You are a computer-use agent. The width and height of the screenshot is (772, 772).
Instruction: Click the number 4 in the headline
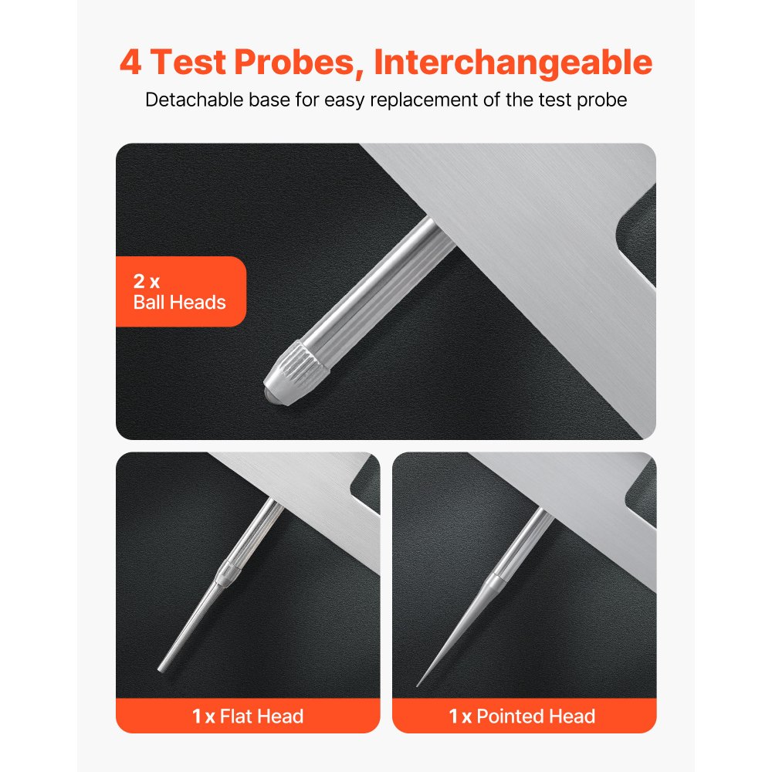(x=131, y=63)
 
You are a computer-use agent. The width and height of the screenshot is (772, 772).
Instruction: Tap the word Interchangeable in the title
(x=513, y=63)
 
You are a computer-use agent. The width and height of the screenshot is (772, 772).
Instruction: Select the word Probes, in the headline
(x=300, y=63)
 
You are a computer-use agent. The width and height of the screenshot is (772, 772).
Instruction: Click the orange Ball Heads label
(x=180, y=292)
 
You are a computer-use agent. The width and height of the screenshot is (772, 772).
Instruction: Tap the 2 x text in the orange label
(x=146, y=282)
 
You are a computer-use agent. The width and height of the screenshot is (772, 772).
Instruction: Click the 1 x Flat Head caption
(x=248, y=716)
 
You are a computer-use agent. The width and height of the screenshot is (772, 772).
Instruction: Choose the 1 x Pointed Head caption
(x=523, y=716)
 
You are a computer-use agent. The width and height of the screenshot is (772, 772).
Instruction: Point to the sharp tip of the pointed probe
(x=418, y=684)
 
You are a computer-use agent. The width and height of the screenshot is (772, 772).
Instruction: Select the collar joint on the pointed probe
(x=496, y=575)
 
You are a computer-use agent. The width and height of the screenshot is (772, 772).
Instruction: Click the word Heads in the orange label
(x=200, y=302)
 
